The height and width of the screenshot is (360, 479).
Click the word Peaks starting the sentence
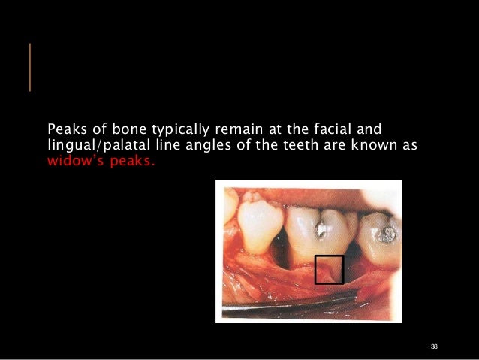[x=64, y=126]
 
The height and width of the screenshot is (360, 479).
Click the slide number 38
[x=434, y=346]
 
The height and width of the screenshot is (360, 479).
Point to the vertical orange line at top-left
[x=30, y=68]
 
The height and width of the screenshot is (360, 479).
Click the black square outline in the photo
[x=329, y=270]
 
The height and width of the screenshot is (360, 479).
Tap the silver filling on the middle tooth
[x=321, y=227]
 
